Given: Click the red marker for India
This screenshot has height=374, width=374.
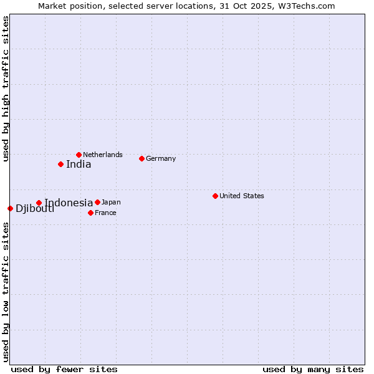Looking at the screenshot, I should (60, 164).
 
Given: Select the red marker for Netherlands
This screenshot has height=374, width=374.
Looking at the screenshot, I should (79, 155).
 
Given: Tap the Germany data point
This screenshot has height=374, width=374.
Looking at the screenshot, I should (141, 158).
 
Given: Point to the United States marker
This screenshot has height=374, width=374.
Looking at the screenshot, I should (215, 196).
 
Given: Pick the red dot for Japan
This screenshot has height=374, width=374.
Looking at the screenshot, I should (97, 202).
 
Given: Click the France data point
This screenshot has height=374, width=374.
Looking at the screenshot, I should (90, 213).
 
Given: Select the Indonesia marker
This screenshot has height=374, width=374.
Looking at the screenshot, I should (39, 203).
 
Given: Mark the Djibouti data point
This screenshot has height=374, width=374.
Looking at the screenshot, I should (10, 208).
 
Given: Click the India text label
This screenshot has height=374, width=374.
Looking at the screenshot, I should (79, 165).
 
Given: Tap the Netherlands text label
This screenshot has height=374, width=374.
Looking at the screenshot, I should (103, 155).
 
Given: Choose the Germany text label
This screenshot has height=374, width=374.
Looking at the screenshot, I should (161, 158).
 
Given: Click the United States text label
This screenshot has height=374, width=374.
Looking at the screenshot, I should (242, 196).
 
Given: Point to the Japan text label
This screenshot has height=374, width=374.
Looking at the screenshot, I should (111, 202).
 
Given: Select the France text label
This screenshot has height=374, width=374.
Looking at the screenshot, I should (105, 213).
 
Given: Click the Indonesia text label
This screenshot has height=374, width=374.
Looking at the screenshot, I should (69, 203).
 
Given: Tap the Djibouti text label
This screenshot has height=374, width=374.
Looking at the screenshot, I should (35, 208).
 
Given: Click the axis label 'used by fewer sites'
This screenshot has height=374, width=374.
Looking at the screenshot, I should (64, 369).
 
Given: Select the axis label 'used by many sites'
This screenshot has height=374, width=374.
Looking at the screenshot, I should (313, 369).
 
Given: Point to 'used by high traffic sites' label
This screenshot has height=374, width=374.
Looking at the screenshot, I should (6, 89).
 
